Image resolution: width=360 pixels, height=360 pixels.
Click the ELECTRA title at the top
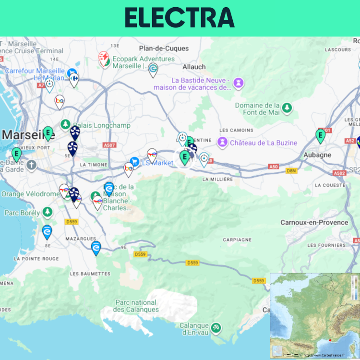click(180, 18)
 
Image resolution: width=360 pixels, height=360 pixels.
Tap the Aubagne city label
click(317, 155)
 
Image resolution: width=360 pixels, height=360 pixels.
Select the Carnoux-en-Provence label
click(314, 222)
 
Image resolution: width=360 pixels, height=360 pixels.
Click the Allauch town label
click(194, 67)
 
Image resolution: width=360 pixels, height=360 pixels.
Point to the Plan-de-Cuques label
click(164, 48)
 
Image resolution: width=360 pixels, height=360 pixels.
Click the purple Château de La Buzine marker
click(222, 142)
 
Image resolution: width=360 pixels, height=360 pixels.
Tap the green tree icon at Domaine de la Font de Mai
click(287, 108)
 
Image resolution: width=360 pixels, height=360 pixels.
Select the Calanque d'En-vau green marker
click(216, 327)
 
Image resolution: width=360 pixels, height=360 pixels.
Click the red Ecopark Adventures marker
click(104, 59)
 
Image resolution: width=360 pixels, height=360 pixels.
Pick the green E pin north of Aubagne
click(321, 135)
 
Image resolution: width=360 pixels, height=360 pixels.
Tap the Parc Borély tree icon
click(47, 212)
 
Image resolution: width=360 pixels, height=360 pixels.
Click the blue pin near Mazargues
click(96, 248)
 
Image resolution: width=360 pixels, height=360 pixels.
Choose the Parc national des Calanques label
click(136, 306)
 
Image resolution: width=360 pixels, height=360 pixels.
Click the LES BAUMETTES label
click(90, 274)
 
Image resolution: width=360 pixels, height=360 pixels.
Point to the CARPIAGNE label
click(237, 240)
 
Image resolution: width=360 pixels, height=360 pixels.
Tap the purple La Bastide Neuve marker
click(238, 84)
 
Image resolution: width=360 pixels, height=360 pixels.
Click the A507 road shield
click(109, 144)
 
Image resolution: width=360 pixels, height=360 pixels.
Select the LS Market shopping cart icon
click(134, 163)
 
